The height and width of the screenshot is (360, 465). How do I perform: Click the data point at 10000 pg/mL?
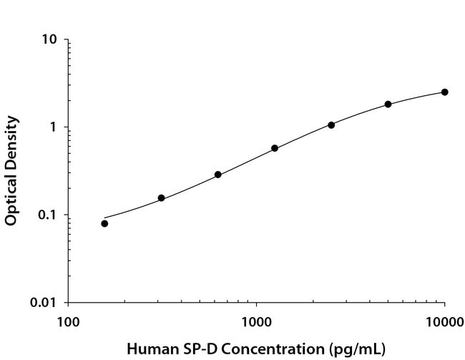444,92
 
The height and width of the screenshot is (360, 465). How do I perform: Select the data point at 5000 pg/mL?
388,104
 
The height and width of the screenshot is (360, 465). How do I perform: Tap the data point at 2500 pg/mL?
331,125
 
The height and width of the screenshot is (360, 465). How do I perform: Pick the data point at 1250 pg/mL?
275,148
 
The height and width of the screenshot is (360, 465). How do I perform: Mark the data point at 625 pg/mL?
218,174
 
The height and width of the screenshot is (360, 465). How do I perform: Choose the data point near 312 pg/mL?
162,198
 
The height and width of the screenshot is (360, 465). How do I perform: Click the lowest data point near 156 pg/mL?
104,223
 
